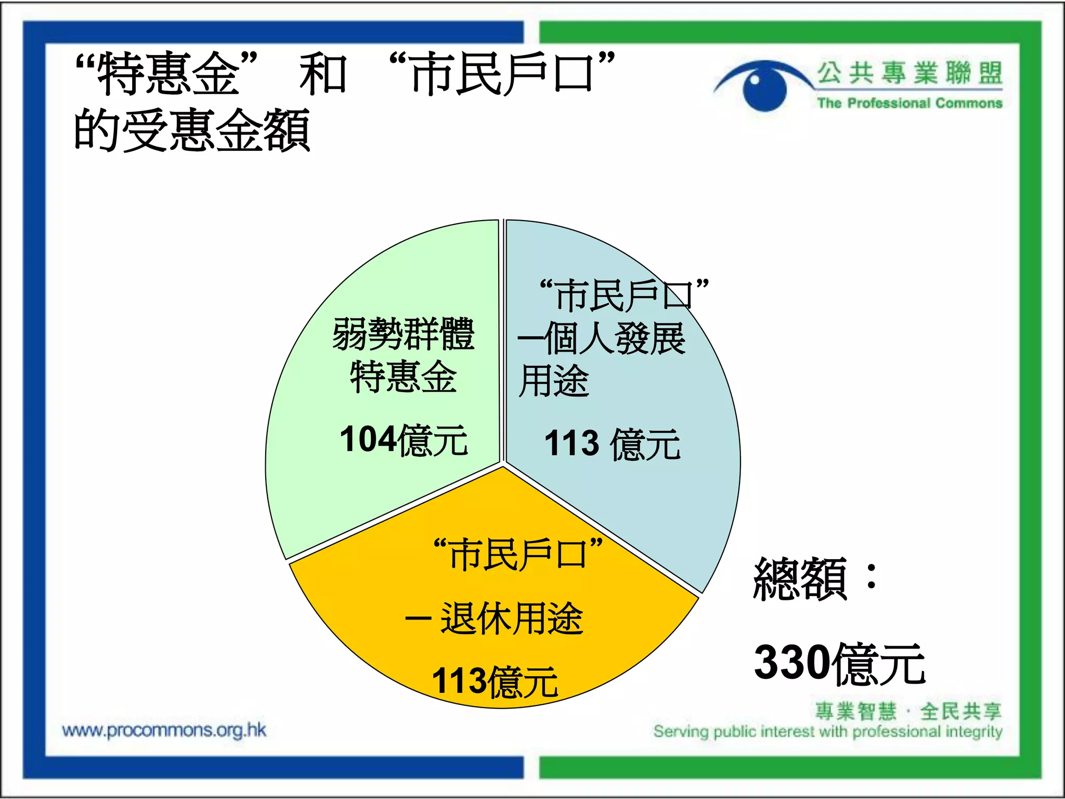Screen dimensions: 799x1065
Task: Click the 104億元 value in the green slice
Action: tap(404, 440)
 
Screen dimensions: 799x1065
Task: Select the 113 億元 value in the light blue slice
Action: tap(612, 444)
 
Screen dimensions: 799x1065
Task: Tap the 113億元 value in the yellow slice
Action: tap(495, 681)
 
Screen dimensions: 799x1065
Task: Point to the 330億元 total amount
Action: tap(839, 663)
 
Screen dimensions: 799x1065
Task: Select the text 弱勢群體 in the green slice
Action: tap(404, 334)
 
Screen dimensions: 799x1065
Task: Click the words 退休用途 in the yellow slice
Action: tap(512, 618)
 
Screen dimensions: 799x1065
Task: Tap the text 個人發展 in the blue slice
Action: tap(615, 339)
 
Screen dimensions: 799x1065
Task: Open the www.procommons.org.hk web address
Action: tap(164, 730)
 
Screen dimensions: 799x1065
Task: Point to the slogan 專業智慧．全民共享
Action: tap(907, 711)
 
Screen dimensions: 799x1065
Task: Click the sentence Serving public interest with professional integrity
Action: tap(828, 732)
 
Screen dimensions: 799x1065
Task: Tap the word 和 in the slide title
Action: tap(322, 74)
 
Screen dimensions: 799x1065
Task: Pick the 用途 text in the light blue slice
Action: tap(554, 380)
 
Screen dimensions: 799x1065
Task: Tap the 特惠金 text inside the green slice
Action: tap(404, 377)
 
